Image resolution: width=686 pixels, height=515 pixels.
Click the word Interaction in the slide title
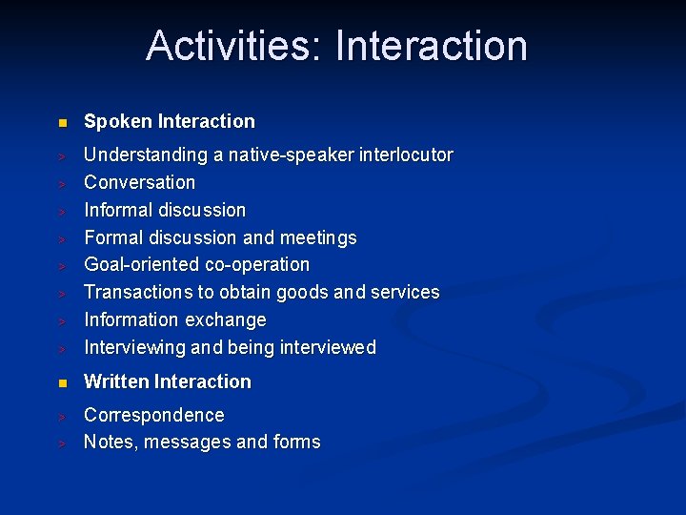[432, 46]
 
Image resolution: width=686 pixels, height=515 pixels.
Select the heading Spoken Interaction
[170, 121]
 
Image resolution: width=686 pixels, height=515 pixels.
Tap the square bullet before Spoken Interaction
[61, 123]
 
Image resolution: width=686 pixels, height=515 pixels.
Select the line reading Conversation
[139, 182]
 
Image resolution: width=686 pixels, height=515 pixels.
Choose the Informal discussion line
[165, 210]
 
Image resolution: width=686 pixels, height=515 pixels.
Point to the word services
[403, 292]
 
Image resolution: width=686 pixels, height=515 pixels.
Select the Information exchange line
[175, 319]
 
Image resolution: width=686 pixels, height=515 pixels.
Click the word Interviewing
[135, 347]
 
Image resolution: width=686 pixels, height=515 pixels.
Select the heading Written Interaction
[168, 381]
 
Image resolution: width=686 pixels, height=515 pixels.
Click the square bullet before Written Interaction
[61, 383]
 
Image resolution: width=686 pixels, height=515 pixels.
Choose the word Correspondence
[154, 415]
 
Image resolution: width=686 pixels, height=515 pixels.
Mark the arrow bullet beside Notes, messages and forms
[60, 443]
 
